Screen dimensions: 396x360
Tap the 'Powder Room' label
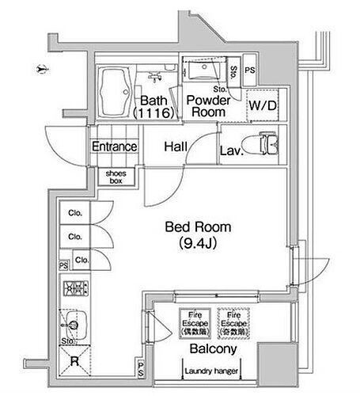(208, 106)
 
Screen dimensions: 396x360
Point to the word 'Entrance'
(115, 147)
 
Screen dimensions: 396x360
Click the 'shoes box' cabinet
(115, 177)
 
